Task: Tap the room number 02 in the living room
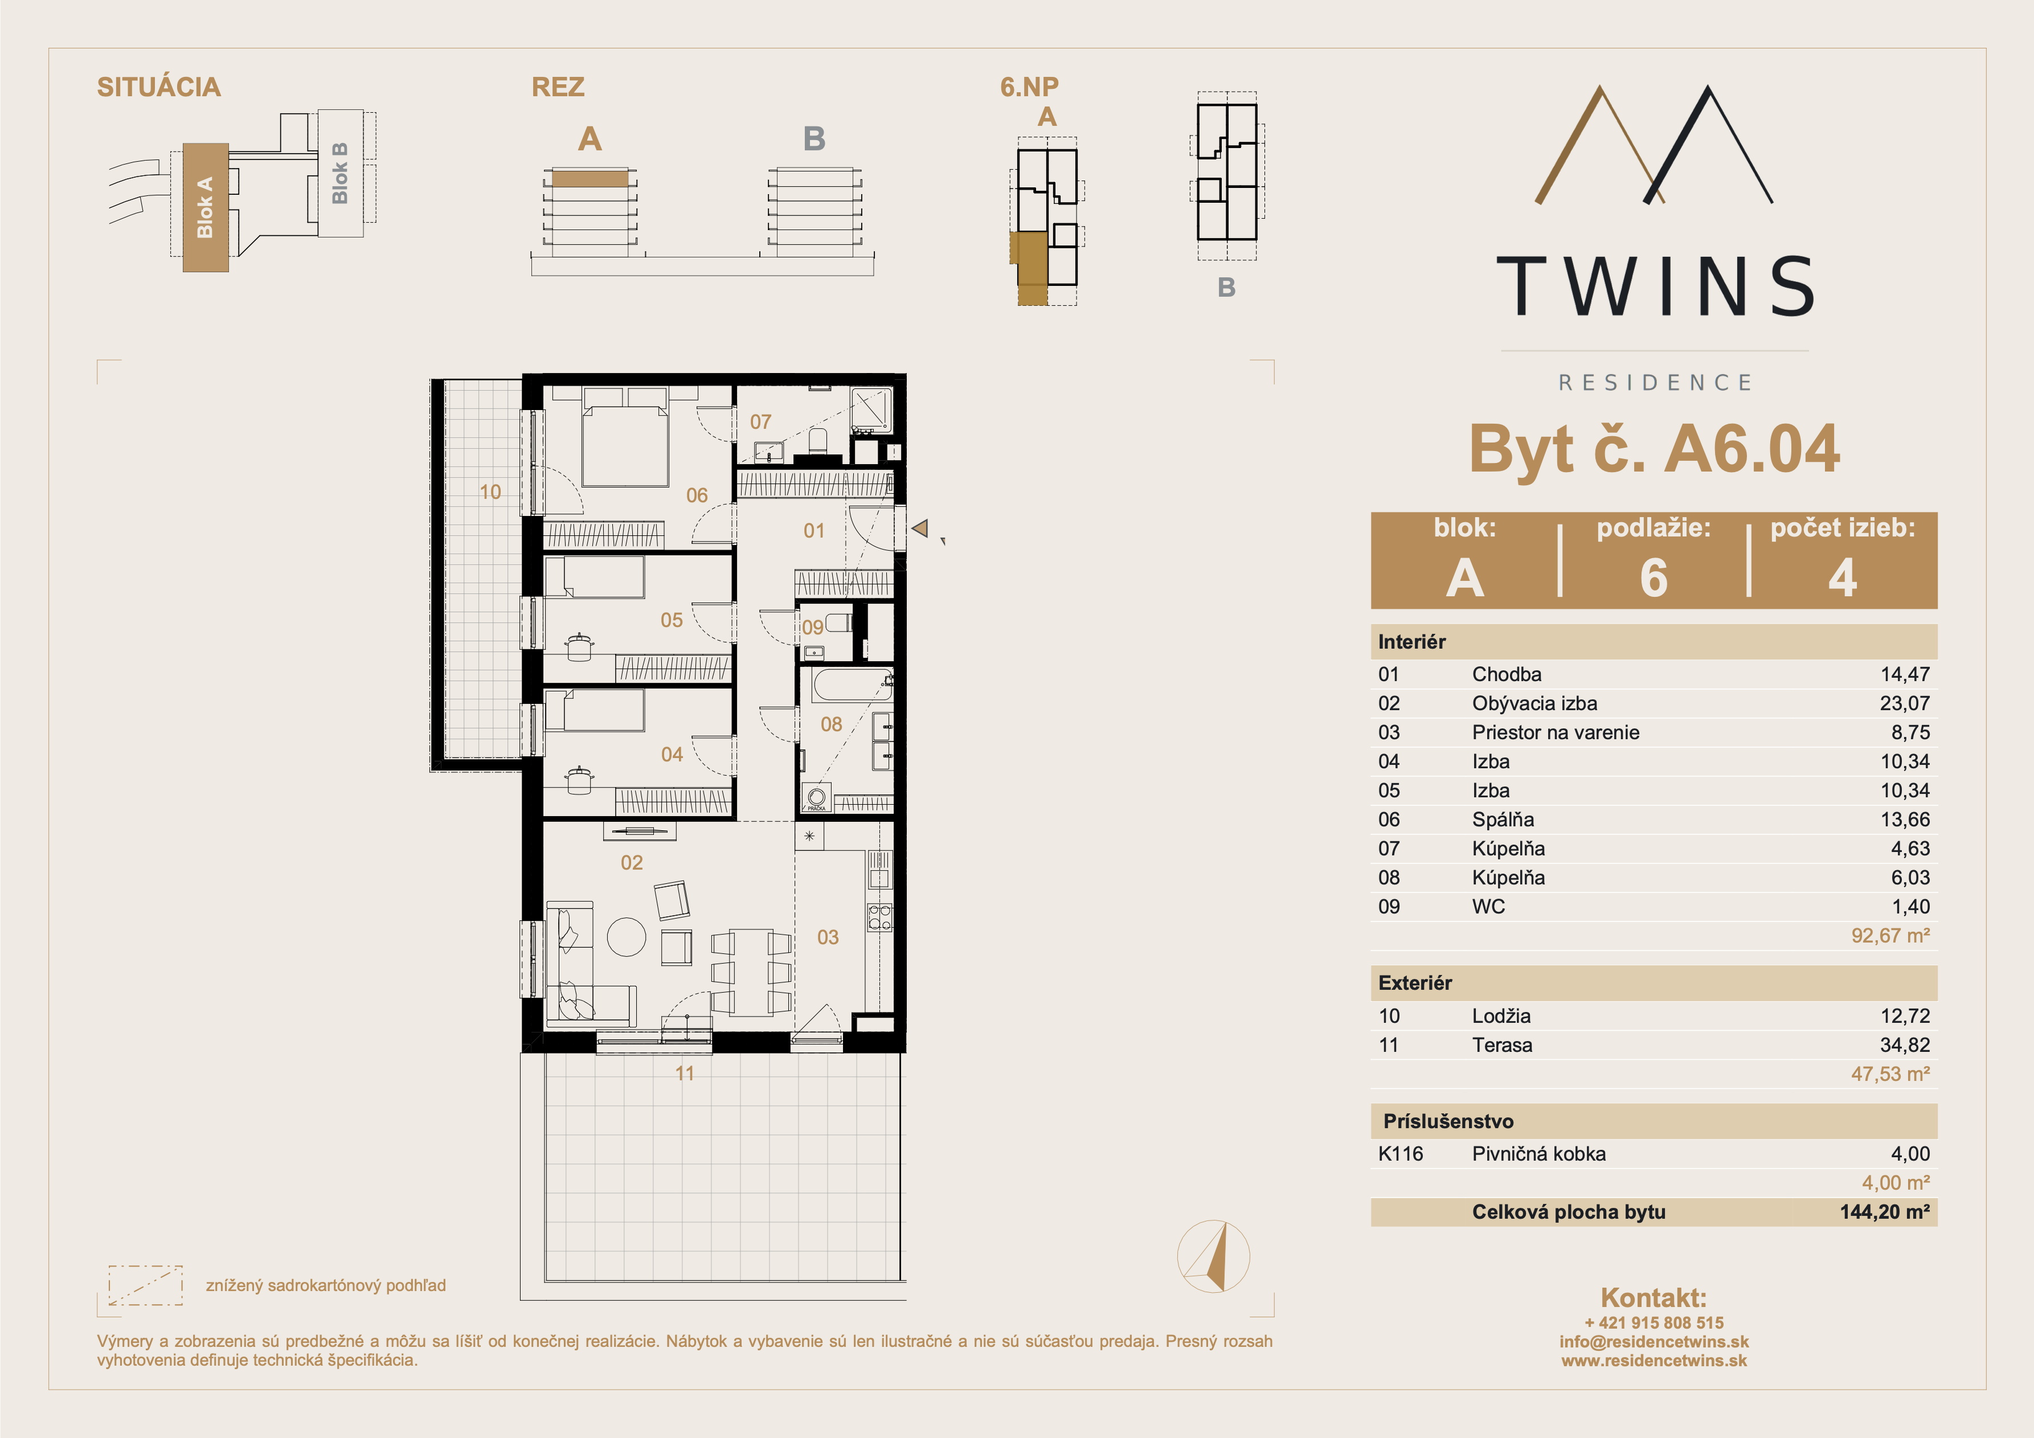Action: (x=632, y=862)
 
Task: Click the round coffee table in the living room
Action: (x=627, y=936)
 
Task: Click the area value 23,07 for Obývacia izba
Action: (x=1905, y=703)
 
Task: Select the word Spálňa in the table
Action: (x=1503, y=820)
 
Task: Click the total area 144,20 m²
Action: (x=1884, y=1211)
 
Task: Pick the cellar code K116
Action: (x=1401, y=1154)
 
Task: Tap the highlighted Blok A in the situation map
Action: (x=206, y=207)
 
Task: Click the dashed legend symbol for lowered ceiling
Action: (x=145, y=1285)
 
